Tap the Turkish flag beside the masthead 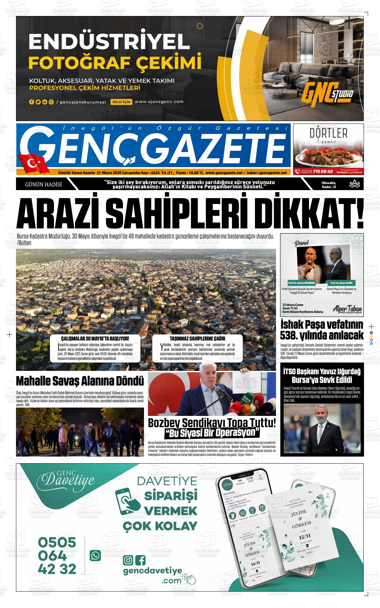coord(33,163)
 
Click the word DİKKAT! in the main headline coord(311,212)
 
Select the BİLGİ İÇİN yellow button coord(122,102)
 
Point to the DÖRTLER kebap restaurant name coord(328,133)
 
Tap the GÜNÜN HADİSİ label coord(43,184)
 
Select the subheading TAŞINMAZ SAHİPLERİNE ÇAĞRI coord(197,339)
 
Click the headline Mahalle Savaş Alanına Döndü coord(80,381)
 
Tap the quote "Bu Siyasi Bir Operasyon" coord(212,433)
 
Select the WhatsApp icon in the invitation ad coord(95,556)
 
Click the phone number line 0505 coord(57,542)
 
